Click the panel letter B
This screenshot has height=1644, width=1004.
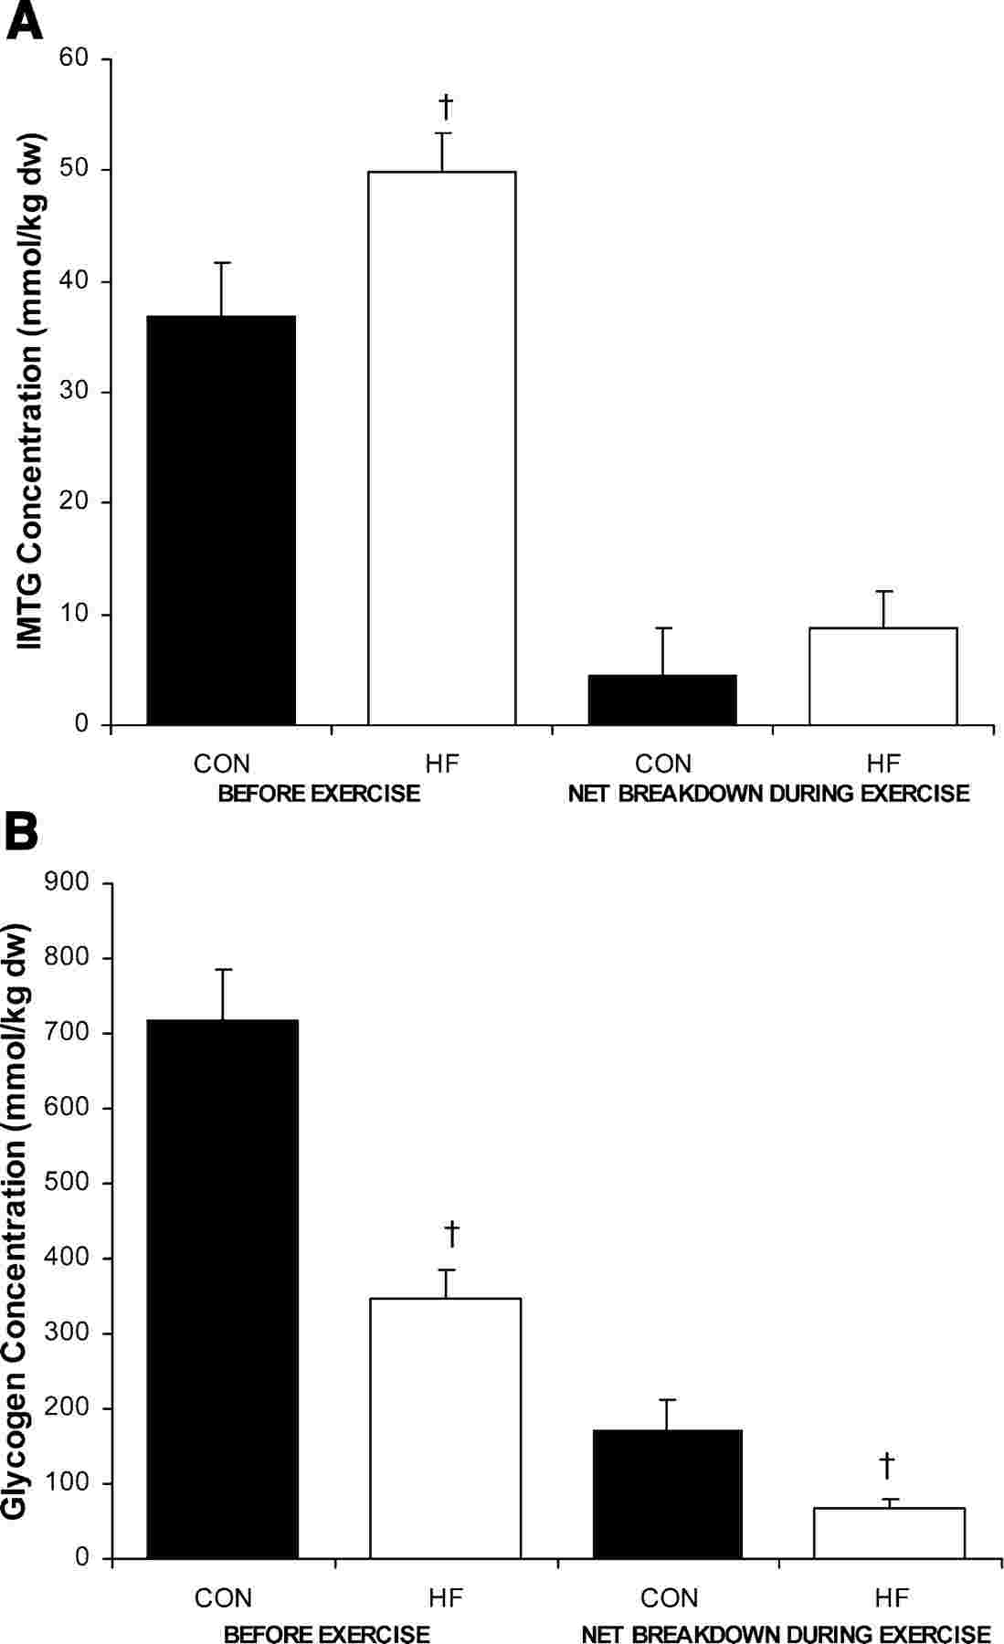(x=22, y=832)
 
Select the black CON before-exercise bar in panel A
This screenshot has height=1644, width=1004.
(x=221, y=521)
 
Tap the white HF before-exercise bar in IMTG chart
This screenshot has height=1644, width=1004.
(x=442, y=448)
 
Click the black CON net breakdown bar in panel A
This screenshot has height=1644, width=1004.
(x=662, y=701)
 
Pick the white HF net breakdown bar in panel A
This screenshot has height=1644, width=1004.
(x=883, y=677)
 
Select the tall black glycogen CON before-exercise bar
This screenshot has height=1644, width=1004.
(x=223, y=1288)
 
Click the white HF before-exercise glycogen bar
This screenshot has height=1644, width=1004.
(x=445, y=1428)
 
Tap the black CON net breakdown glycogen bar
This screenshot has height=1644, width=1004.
(x=668, y=1493)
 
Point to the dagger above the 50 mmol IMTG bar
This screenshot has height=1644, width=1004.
(x=446, y=107)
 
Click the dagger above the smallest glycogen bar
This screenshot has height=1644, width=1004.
(x=887, y=1466)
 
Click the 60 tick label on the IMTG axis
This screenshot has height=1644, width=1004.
(x=74, y=58)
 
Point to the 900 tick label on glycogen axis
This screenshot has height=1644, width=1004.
(x=69, y=882)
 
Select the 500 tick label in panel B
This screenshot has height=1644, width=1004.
(x=69, y=1183)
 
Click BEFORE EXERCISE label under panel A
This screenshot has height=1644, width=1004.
(x=319, y=793)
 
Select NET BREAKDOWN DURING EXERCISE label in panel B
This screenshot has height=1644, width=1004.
(x=786, y=1633)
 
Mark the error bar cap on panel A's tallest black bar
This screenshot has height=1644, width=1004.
(x=222, y=263)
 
